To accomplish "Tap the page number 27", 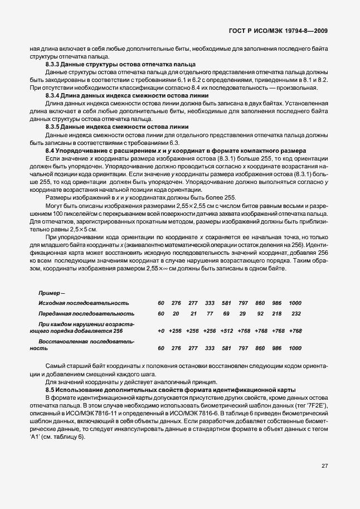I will (324, 466).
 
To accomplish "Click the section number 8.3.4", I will (55, 96).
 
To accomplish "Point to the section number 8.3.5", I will (55, 127).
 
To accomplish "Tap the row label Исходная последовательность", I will (84, 303).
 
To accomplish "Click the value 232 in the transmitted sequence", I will (296, 314).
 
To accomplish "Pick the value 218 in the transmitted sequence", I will (276, 314).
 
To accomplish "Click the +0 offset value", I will (161, 331).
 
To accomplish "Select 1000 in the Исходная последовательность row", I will (295, 303).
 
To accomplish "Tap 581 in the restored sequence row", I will (226, 348).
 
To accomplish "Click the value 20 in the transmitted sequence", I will (176, 314).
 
